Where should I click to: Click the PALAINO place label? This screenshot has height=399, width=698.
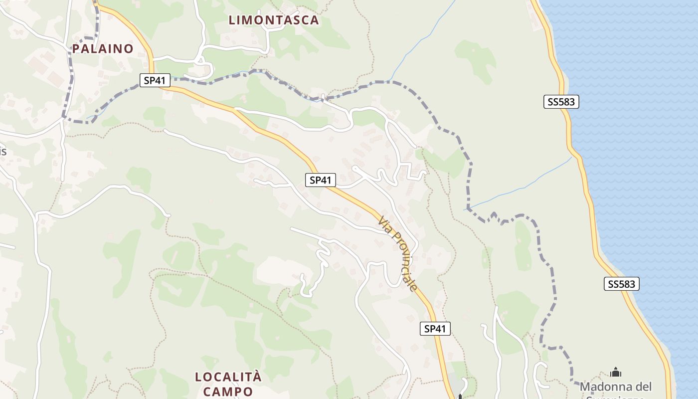tap(103, 48)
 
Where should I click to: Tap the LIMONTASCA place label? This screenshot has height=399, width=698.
tap(274, 20)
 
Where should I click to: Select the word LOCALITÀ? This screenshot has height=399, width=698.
tap(228, 377)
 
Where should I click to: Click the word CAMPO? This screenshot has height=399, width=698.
tap(227, 392)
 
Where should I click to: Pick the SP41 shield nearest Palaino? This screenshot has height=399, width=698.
tap(155, 80)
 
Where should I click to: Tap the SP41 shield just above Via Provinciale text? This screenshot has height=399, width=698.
tap(321, 180)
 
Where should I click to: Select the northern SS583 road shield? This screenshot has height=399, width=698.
tap(561, 102)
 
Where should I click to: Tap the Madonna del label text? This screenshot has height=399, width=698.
tap(615, 387)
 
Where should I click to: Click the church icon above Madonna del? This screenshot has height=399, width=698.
tap(616, 373)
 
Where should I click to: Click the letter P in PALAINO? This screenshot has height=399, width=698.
tap(76, 48)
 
